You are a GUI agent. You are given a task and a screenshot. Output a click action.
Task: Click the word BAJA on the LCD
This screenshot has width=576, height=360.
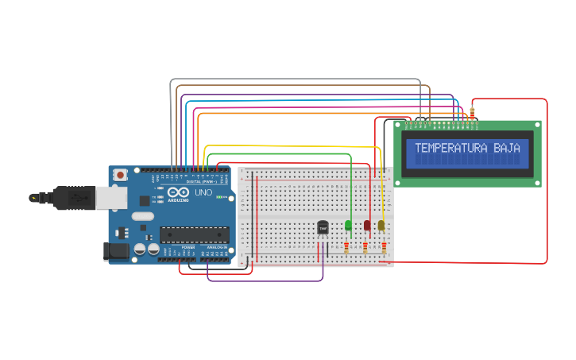tap(507, 148)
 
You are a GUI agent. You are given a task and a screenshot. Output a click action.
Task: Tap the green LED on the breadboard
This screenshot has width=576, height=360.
tap(348, 226)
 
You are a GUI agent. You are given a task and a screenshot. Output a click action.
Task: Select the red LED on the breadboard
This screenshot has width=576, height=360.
tap(367, 226)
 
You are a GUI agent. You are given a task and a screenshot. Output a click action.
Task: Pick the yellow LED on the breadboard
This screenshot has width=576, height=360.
tap(381, 226)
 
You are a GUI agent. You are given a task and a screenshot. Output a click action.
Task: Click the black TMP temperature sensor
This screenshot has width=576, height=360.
tap(323, 228)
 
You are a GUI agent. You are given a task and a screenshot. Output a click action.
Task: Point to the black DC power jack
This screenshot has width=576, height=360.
tap(117, 251)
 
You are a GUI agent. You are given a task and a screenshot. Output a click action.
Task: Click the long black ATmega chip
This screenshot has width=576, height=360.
tap(195, 234)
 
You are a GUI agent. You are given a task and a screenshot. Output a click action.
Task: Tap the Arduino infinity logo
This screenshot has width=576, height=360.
tap(176, 193)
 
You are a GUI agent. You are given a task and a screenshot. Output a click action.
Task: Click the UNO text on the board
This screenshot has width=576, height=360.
tap(203, 192)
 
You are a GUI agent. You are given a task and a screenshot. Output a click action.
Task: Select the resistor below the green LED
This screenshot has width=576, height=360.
tap(346, 248)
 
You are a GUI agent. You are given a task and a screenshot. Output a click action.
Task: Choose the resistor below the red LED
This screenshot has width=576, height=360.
tap(365, 248)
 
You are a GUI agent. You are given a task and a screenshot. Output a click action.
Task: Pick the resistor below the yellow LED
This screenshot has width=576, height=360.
tap(384, 248)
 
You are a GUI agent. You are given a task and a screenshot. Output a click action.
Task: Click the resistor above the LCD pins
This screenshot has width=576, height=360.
tap(473, 114)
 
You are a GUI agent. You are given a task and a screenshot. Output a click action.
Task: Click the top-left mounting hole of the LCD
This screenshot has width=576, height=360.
tap(399, 126)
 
